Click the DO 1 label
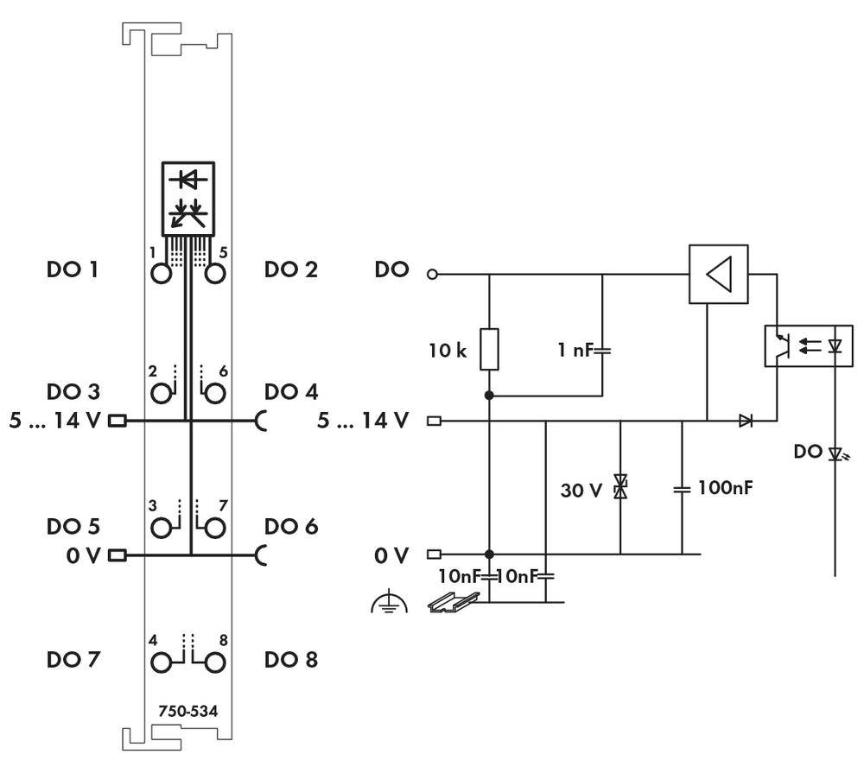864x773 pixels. tap(72, 269)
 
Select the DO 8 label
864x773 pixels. tap(291, 660)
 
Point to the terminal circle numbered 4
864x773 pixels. tap(161, 662)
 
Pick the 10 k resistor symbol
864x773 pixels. tap(489, 349)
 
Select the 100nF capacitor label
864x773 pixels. tap(727, 488)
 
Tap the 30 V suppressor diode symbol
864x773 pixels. tap(619, 488)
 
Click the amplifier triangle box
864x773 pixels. tap(718, 274)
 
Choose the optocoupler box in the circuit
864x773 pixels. tap(808, 346)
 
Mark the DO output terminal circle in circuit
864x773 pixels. tap(433, 276)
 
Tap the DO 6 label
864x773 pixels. tap(291, 527)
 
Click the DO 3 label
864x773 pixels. tap(72, 392)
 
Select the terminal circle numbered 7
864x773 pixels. tap(215, 528)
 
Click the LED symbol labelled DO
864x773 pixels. tap(835, 453)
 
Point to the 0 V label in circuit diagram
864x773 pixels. tap(391, 555)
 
